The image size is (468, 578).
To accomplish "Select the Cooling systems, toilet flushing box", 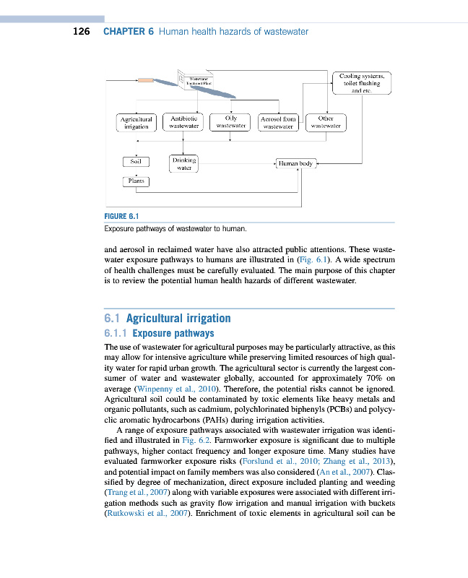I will [x=361, y=83].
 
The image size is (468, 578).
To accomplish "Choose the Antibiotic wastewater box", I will [x=183, y=122].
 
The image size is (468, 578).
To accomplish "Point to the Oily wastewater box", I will [x=230, y=121].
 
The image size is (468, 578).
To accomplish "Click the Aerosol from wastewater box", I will [x=278, y=123].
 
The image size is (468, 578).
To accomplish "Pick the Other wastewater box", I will [x=325, y=122].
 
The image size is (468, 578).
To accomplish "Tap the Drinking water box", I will [x=183, y=164].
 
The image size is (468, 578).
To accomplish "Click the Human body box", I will [x=295, y=164].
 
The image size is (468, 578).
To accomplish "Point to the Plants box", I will [x=135, y=181].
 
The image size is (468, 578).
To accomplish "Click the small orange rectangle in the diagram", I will [x=145, y=80].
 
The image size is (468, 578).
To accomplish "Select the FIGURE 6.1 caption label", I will [x=121, y=215].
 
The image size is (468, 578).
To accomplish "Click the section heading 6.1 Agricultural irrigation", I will [x=168, y=318].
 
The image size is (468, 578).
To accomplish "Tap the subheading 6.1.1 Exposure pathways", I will [x=160, y=334].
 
